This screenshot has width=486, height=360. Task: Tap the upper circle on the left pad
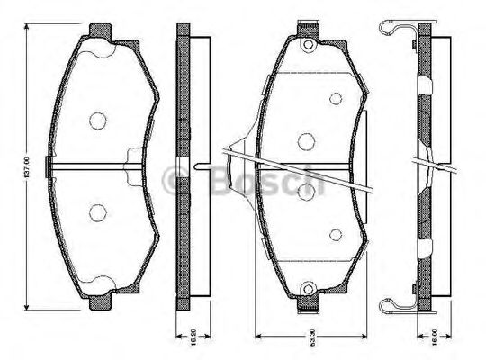pos(98,119)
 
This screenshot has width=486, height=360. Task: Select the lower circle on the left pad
pos(98,213)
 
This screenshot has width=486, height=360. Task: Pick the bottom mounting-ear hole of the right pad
pos(307,289)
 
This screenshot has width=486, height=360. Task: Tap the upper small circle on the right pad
pos(336,98)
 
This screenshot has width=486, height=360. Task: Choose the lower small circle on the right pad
pos(336,233)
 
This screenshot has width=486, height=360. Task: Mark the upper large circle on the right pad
pos(306,140)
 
